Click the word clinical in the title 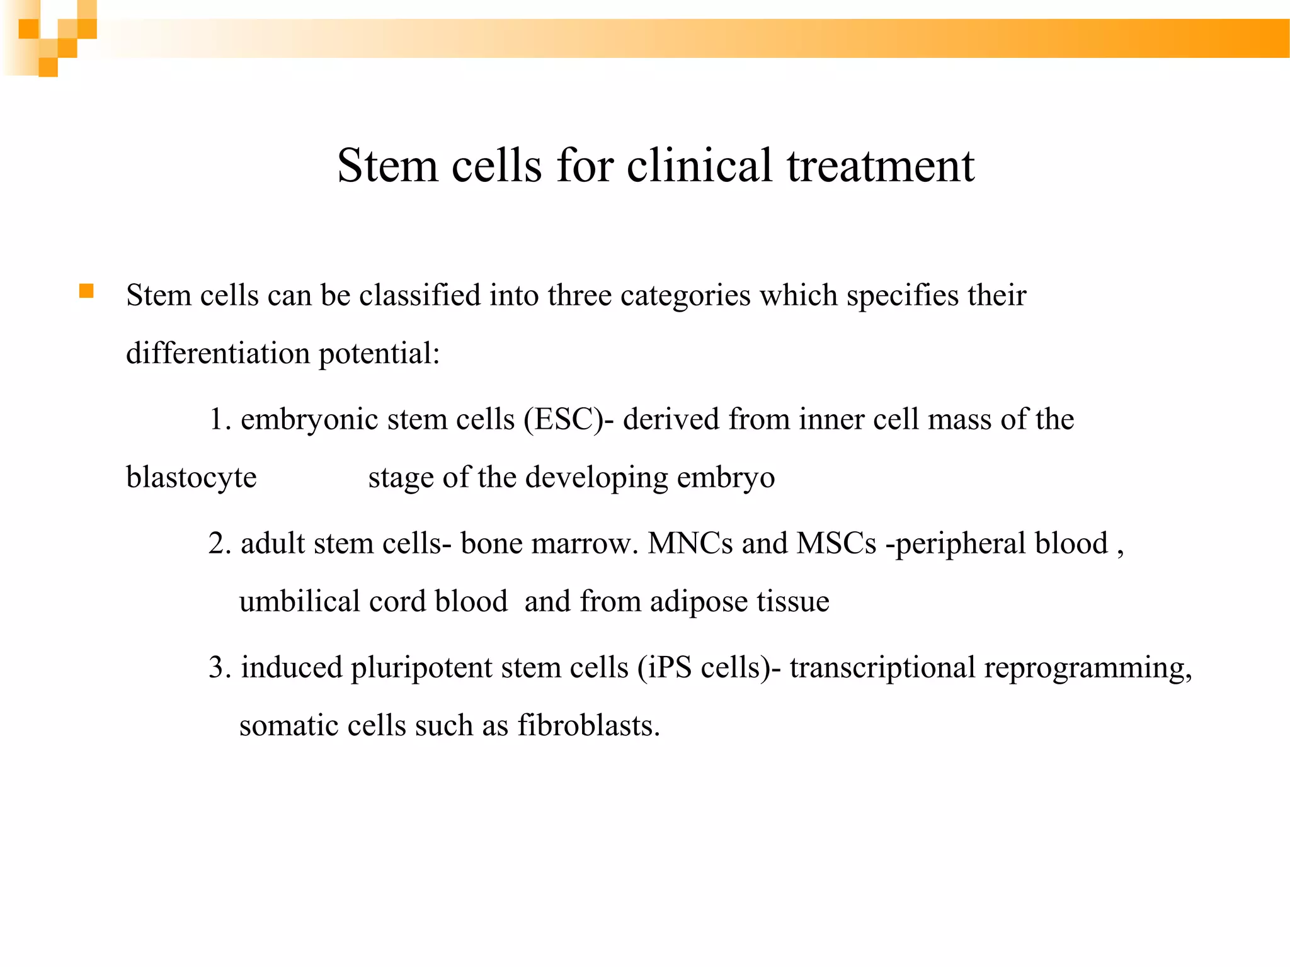[x=699, y=166]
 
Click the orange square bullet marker [x=86, y=291]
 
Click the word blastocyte [x=191, y=477]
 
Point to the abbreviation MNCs [x=690, y=543]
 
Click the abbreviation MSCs [x=836, y=543]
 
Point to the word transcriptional [x=882, y=667]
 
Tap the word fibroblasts [x=588, y=725]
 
